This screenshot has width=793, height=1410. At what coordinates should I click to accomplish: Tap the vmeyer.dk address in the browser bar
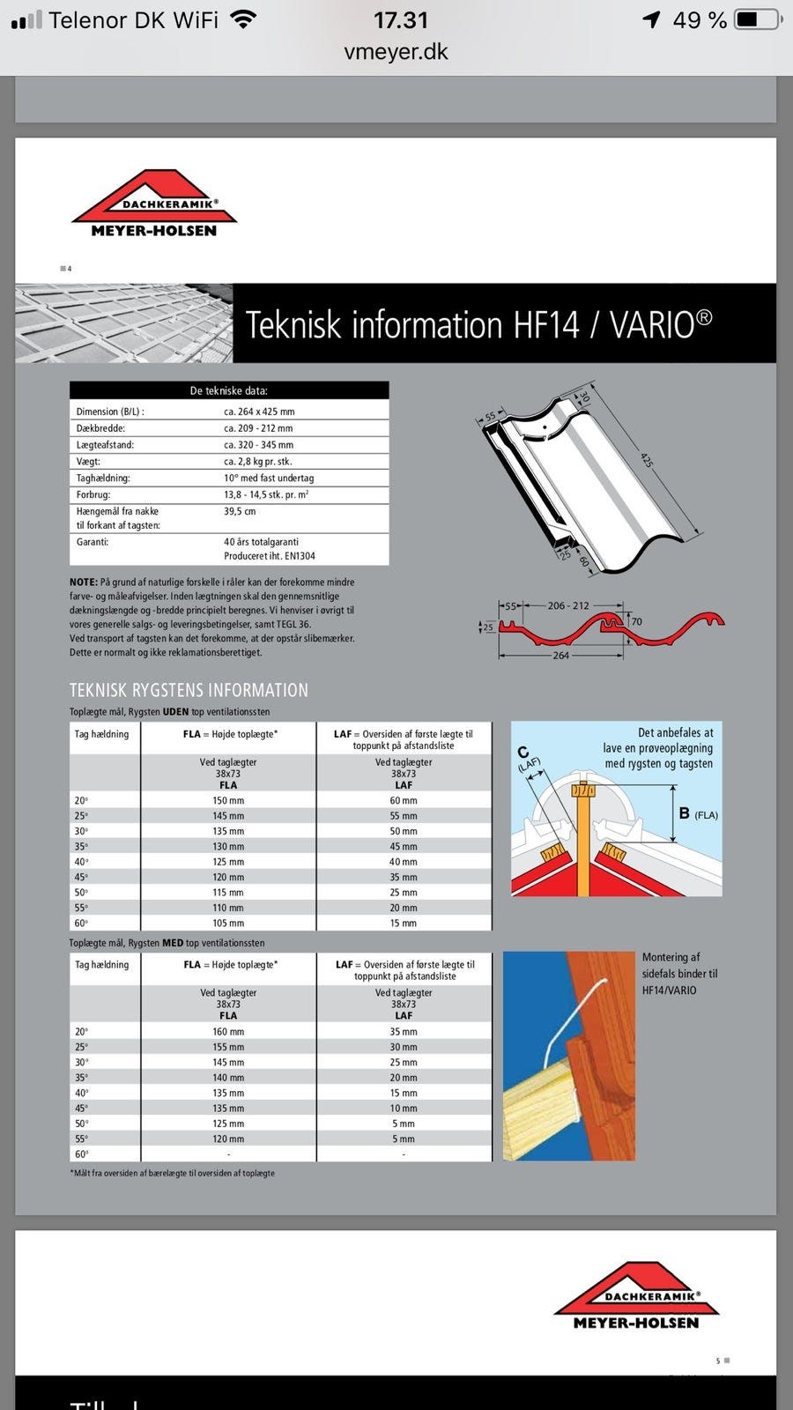396,52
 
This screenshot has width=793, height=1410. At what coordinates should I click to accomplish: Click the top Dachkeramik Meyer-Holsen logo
154,204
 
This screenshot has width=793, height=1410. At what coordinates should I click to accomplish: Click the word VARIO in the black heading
652,324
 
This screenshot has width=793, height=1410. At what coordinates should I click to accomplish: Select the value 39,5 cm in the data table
240,511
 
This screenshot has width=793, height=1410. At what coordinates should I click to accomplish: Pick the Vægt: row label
88,461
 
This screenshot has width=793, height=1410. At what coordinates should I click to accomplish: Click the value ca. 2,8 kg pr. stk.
258,461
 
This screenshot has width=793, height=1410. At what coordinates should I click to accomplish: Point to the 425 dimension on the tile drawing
647,460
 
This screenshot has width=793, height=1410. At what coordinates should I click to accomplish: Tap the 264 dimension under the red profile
560,656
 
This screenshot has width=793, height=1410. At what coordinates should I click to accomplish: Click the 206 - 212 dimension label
568,605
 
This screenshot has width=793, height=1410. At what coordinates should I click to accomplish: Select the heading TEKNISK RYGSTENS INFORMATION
189,690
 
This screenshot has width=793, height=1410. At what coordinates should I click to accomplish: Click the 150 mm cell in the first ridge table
228,801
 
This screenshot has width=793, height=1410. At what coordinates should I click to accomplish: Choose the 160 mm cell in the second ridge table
228,1032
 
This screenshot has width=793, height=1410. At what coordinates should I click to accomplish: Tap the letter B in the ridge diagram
684,813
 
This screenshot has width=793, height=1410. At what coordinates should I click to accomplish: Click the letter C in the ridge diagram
522,752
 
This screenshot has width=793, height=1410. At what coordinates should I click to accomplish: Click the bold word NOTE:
84,583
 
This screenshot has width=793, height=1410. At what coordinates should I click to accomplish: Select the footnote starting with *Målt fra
172,1173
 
